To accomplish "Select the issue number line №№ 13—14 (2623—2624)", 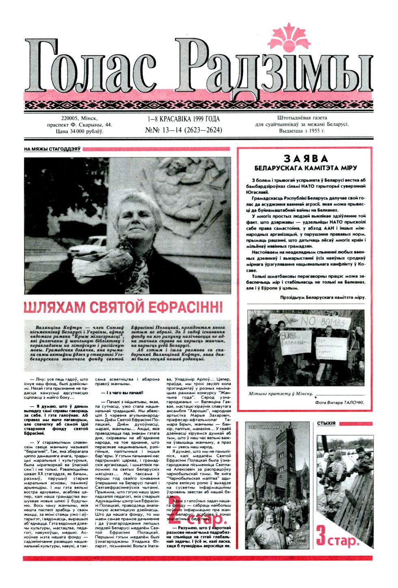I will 184,130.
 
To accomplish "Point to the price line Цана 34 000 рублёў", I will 75,132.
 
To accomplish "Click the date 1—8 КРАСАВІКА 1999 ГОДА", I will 184,119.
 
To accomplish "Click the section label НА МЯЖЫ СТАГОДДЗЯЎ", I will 52,150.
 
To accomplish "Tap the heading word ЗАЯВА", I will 305,158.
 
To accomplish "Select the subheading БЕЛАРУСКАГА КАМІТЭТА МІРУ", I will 305,168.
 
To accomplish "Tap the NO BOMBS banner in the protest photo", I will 325,322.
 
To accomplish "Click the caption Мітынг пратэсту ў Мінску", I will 281,394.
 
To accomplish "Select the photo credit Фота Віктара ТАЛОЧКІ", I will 340,402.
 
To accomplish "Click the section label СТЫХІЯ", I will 326,423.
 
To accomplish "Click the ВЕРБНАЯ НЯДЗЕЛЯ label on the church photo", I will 272,427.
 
